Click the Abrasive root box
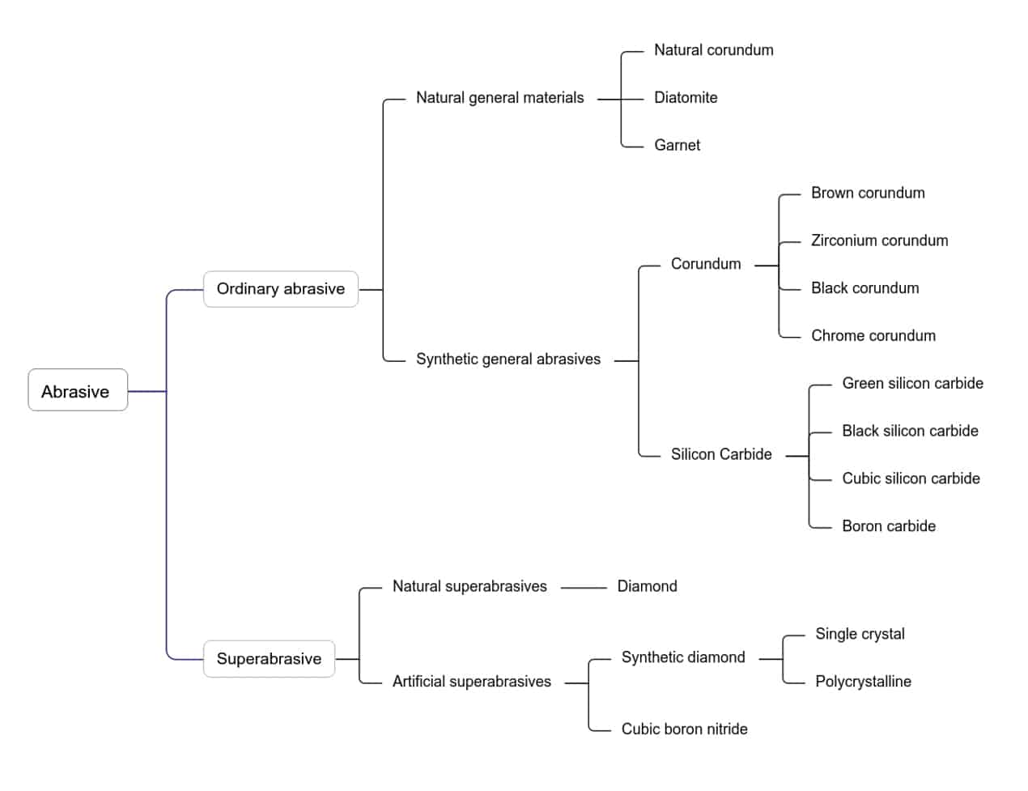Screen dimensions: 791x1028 (77, 391)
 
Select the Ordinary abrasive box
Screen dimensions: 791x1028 (280, 289)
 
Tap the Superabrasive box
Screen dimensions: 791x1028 (269, 659)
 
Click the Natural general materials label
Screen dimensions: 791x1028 (499, 98)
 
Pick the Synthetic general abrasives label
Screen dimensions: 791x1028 (508, 359)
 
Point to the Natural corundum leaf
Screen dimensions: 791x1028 (713, 50)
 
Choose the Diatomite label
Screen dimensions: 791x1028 (686, 98)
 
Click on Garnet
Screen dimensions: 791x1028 (677, 146)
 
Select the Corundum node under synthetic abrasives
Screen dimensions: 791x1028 (705, 264)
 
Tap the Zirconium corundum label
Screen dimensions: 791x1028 (879, 240)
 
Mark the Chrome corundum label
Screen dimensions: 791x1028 (873, 336)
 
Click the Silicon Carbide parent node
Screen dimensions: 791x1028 (720, 455)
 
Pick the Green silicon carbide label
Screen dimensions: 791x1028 (912, 384)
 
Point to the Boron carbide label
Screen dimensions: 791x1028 (888, 526)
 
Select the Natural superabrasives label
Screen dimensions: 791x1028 (469, 587)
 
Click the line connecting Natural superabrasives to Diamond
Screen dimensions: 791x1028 (583, 588)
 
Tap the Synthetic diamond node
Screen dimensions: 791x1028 (682, 657)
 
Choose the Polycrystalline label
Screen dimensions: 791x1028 (863, 682)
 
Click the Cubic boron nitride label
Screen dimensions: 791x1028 (684, 729)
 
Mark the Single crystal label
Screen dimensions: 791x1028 (860, 634)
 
